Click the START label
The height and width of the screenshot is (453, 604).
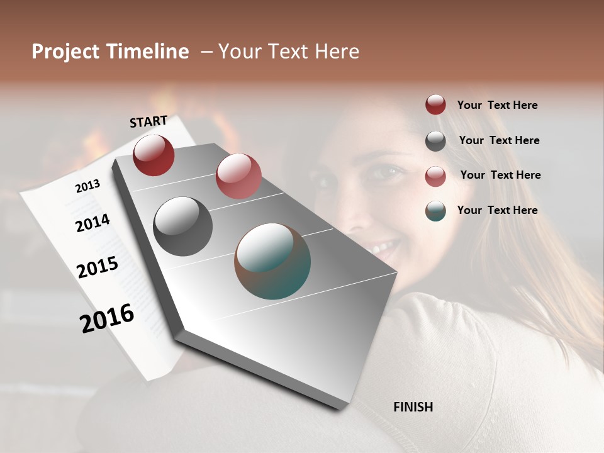tap(148, 121)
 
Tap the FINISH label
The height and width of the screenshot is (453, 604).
tap(413, 407)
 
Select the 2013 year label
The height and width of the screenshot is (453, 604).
tap(87, 186)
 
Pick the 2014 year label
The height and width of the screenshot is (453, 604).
tap(92, 223)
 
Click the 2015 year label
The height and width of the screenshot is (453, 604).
tap(98, 267)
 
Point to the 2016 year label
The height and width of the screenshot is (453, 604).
tap(107, 318)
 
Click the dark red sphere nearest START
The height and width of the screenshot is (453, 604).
tap(154, 155)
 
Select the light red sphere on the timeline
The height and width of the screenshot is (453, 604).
tap(238, 176)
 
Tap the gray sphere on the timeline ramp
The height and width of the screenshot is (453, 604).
tap(182, 226)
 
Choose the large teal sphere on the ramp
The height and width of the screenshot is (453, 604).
tap(272, 261)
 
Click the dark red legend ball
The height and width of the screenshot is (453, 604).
tap(435, 105)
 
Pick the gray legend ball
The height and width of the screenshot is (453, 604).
tap(435, 141)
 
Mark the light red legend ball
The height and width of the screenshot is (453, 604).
tap(435, 176)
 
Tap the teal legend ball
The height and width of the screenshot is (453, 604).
tap(435, 211)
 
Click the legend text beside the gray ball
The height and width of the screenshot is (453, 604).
tap(500, 140)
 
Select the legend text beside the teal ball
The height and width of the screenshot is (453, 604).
tap(498, 210)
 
